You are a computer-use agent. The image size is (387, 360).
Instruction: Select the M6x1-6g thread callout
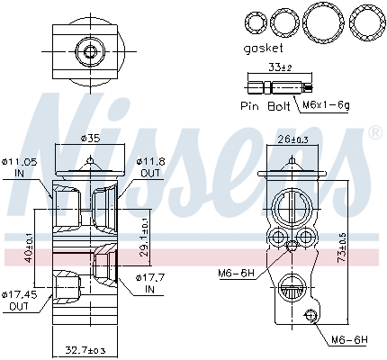pyautogui.click(x=327, y=106)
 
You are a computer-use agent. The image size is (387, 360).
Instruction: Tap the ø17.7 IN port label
pyautogui.click(x=150, y=283)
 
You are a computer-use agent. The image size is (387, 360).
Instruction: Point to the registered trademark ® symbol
pyautogui.click(x=374, y=133)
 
